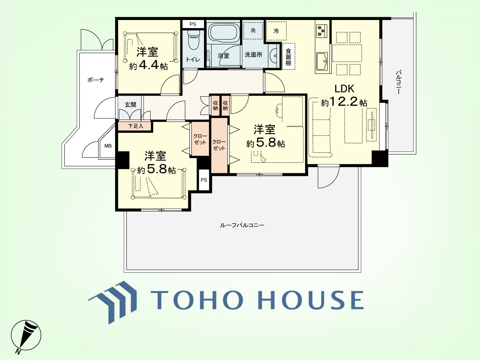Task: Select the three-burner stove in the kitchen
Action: click(x=322, y=30)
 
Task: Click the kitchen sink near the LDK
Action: click(x=322, y=61)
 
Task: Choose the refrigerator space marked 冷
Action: click(x=276, y=31)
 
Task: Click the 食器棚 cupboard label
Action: click(x=288, y=57)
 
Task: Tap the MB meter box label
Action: click(x=108, y=146)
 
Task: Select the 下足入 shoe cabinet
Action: click(x=135, y=126)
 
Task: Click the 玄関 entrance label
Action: click(x=130, y=105)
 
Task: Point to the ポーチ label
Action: click(x=96, y=80)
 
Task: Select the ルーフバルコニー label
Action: click(x=242, y=225)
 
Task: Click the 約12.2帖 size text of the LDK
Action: click(x=344, y=102)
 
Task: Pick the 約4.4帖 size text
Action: click(x=148, y=66)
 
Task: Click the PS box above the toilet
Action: click(x=193, y=24)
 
